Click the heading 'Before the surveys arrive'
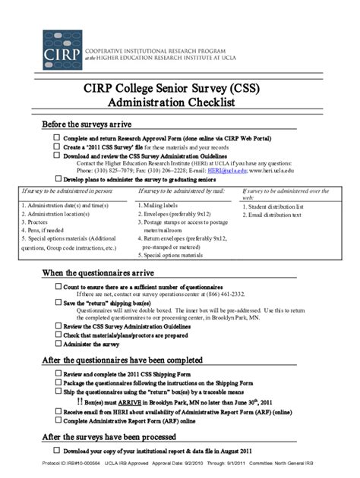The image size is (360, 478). [x=87, y=124]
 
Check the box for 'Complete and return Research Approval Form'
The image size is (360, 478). [x=57, y=138]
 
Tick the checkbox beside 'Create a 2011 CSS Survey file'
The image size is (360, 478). [x=57, y=146]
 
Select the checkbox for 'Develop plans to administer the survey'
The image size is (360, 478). [x=57, y=179]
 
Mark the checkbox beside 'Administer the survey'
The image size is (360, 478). [x=57, y=342]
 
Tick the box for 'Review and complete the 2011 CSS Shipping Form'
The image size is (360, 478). [x=57, y=374]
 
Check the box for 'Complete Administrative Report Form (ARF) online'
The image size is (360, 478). [x=57, y=419]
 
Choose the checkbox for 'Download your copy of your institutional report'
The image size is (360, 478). [x=57, y=451]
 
